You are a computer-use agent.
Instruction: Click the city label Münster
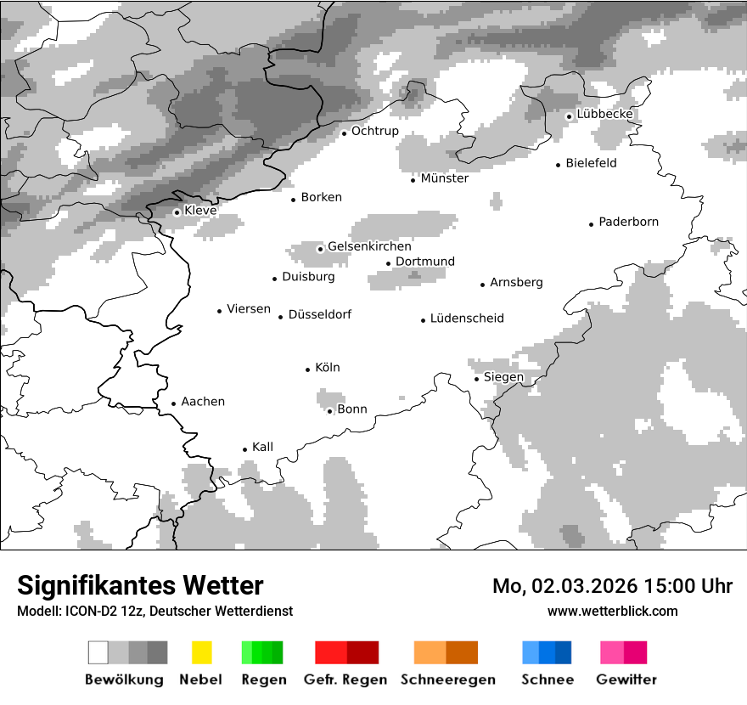click(x=445, y=178)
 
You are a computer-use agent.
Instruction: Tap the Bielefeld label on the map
click(x=591, y=163)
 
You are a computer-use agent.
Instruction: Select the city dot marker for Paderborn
click(x=592, y=224)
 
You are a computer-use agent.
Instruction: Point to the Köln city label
click(x=328, y=368)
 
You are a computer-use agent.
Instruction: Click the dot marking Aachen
click(x=174, y=404)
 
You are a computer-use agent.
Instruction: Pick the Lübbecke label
click(x=605, y=115)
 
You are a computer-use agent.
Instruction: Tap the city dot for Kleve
click(x=177, y=212)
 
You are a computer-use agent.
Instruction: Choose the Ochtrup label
click(x=375, y=132)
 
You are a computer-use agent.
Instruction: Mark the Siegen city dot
click(x=477, y=379)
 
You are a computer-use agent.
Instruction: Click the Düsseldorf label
click(x=320, y=314)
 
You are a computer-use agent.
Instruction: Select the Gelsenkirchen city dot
click(x=320, y=249)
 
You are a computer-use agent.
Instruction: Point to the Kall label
click(x=263, y=447)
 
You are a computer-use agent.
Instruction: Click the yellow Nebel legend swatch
click(x=201, y=652)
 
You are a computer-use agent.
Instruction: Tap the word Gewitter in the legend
click(x=626, y=680)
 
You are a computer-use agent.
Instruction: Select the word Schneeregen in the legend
click(x=448, y=680)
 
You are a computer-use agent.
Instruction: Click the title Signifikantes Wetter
click(x=140, y=586)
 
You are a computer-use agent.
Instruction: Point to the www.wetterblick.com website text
click(x=613, y=612)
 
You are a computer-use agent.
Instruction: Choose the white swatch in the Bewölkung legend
click(x=98, y=652)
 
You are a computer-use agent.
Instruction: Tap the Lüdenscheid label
click(x=467, y=319)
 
